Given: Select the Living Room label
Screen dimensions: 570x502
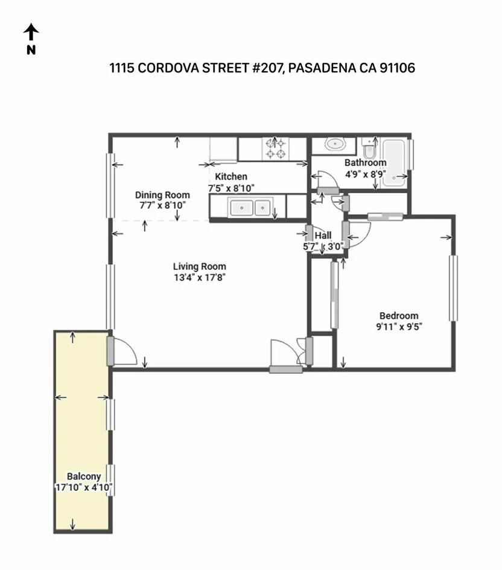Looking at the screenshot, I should (199, 266).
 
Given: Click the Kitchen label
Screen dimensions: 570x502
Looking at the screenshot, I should (231, 177).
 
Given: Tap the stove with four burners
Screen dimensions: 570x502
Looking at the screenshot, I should (276, 149).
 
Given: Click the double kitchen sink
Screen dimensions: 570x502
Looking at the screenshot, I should (250, 207).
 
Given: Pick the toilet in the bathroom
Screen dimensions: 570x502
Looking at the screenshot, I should (369, 148).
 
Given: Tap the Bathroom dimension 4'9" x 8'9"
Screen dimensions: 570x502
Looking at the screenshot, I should (365, 174).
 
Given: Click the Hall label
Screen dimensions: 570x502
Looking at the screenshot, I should (323, 236).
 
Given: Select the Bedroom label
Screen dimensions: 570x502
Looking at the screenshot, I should (398, 316).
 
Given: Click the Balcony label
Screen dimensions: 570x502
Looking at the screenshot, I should (83, 477).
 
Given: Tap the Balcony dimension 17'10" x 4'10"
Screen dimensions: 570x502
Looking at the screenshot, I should (83, 487).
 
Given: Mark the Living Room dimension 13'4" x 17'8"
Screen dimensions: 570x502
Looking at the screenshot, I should (199, 278).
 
